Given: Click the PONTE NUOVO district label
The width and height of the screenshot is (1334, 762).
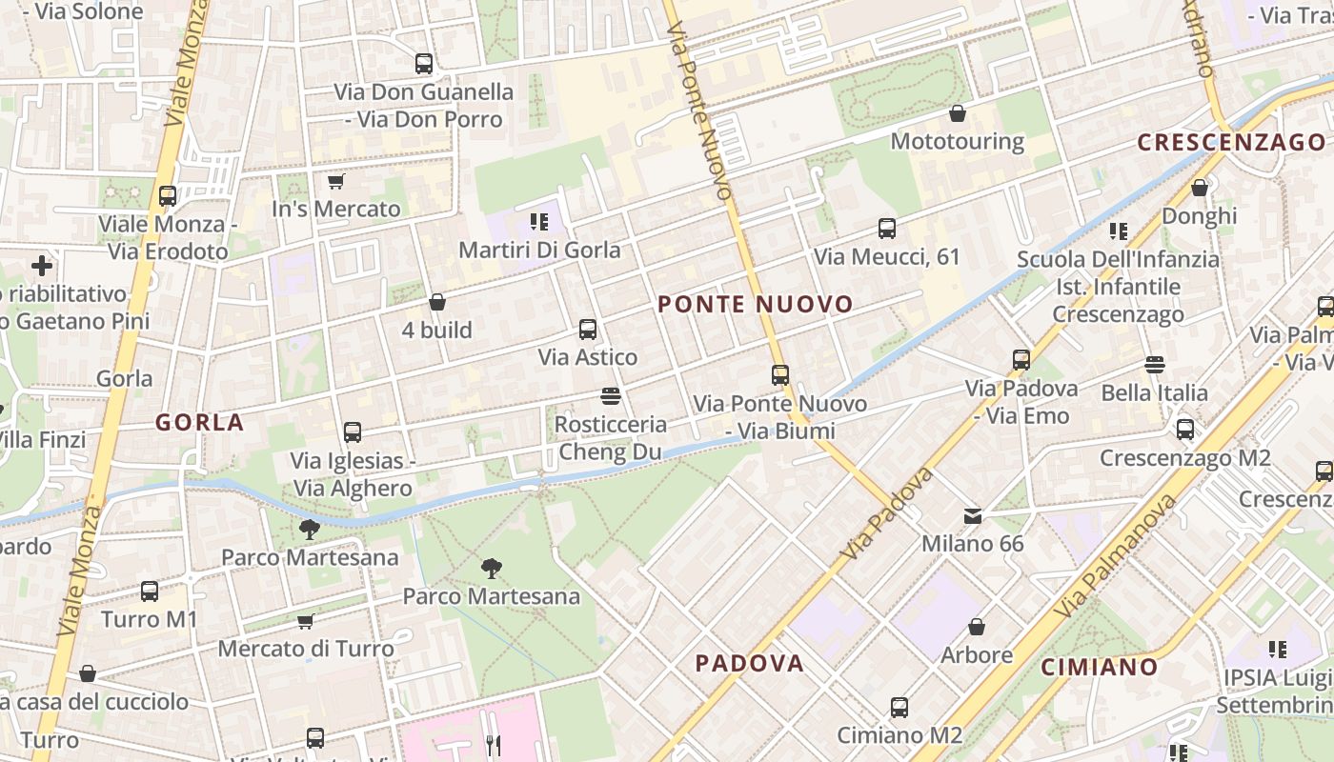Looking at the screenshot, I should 756,305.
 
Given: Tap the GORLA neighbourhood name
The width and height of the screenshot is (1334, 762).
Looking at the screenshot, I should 200,423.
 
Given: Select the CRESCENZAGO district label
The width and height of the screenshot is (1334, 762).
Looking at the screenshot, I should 1231,143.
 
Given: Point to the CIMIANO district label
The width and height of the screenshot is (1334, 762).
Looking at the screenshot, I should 1099,667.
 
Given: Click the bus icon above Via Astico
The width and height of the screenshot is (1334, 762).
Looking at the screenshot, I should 588,330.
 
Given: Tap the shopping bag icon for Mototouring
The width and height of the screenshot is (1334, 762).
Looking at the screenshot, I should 958,113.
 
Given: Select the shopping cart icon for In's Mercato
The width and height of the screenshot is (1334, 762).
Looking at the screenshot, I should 335,181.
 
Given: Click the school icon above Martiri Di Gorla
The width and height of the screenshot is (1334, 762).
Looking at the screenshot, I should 539,222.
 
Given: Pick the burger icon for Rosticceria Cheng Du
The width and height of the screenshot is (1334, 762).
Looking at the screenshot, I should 611,395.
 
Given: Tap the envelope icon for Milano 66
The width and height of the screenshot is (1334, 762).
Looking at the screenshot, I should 973,515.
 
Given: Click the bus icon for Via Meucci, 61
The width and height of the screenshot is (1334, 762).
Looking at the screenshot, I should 887,229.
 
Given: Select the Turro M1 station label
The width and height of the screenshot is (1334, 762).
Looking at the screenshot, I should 150,619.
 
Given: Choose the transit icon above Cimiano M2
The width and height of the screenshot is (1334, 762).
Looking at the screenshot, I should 899,707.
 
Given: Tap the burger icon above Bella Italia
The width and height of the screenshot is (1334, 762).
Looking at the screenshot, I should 1155,364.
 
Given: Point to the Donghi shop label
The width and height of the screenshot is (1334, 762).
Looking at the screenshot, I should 1200,216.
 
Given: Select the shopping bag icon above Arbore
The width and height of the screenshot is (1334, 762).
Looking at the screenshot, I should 977,627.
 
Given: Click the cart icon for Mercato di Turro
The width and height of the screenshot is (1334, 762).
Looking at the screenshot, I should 306,621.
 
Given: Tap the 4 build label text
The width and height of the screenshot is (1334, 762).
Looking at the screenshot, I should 437,331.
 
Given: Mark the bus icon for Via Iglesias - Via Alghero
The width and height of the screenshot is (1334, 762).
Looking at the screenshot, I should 353,432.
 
